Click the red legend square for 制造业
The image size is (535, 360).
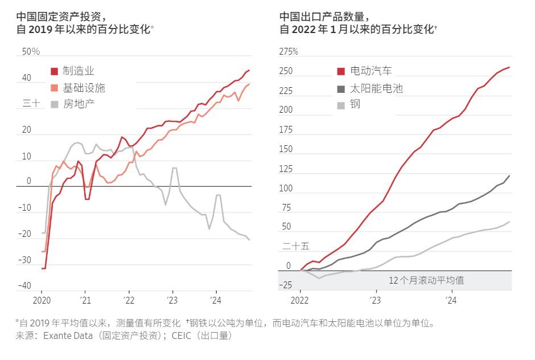pyautogui.click(x=54, y=71)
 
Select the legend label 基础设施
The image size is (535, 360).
pyautogui.click(x=84, y=88)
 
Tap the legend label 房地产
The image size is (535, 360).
pyautogui.click(x=79, y=104)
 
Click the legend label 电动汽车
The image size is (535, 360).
pyautogui.click(x=371, y=71)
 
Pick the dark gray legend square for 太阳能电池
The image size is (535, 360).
pyautogui.click(x=341, y=88)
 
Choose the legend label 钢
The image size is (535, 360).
pyautogui.click(x=355, y=104)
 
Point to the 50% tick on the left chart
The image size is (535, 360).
pyautogui.click(x=31, y=52)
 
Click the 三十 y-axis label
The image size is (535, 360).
pyautogui.click(x=31, y=104)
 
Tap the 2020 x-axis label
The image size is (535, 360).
pyautogui.click(x=42, y=300)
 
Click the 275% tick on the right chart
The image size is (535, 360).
pyautogui.click(x=289, y=52)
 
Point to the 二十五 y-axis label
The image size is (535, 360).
pyautogui.click(x=296, y=246)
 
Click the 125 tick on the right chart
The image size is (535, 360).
pyautogui.click(x=286, y=169)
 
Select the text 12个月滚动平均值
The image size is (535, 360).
pyautogui.click(x=426, y=280)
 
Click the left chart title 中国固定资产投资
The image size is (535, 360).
pyautogui.click(x=52, y=17)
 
